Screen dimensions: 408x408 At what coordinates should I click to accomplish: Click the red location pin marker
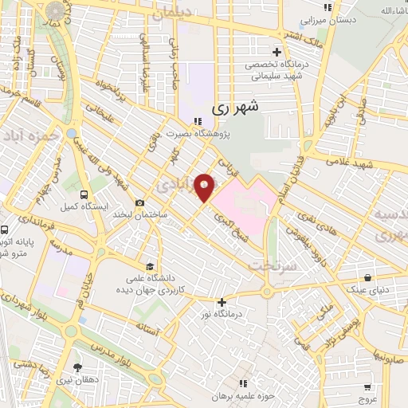coord(205,188)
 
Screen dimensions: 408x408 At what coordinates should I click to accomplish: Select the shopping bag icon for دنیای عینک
coord(367,278)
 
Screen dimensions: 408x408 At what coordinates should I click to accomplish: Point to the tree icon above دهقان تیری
coord(77,367)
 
